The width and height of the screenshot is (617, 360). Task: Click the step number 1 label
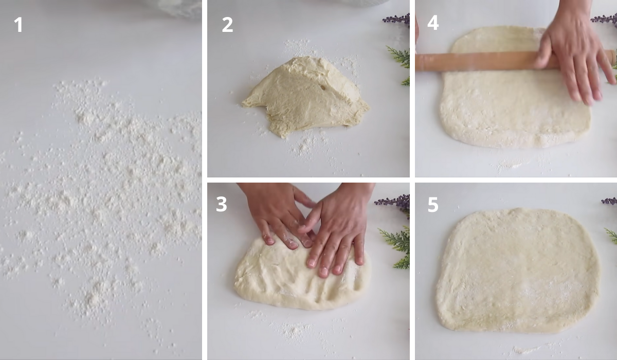(x=19, y=24)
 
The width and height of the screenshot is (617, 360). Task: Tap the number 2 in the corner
(x=227, y=24)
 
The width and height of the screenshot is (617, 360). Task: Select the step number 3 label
(x=221, y=204)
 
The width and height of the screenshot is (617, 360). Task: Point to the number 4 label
(x=433, y=23)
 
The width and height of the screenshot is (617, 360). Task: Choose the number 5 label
(x=433, y=204)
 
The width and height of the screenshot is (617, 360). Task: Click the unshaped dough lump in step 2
(x=306, y=95)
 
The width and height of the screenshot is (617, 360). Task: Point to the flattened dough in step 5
(x=517, y=270)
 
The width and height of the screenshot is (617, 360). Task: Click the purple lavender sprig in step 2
(x=397, y=20)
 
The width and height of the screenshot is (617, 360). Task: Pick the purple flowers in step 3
(x=394, y=201)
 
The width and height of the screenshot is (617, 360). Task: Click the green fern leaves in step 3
(x=397, y=244)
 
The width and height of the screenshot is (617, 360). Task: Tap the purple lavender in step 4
(x=605, y=19)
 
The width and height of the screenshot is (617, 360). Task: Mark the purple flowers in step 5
(x=610, y=201)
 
